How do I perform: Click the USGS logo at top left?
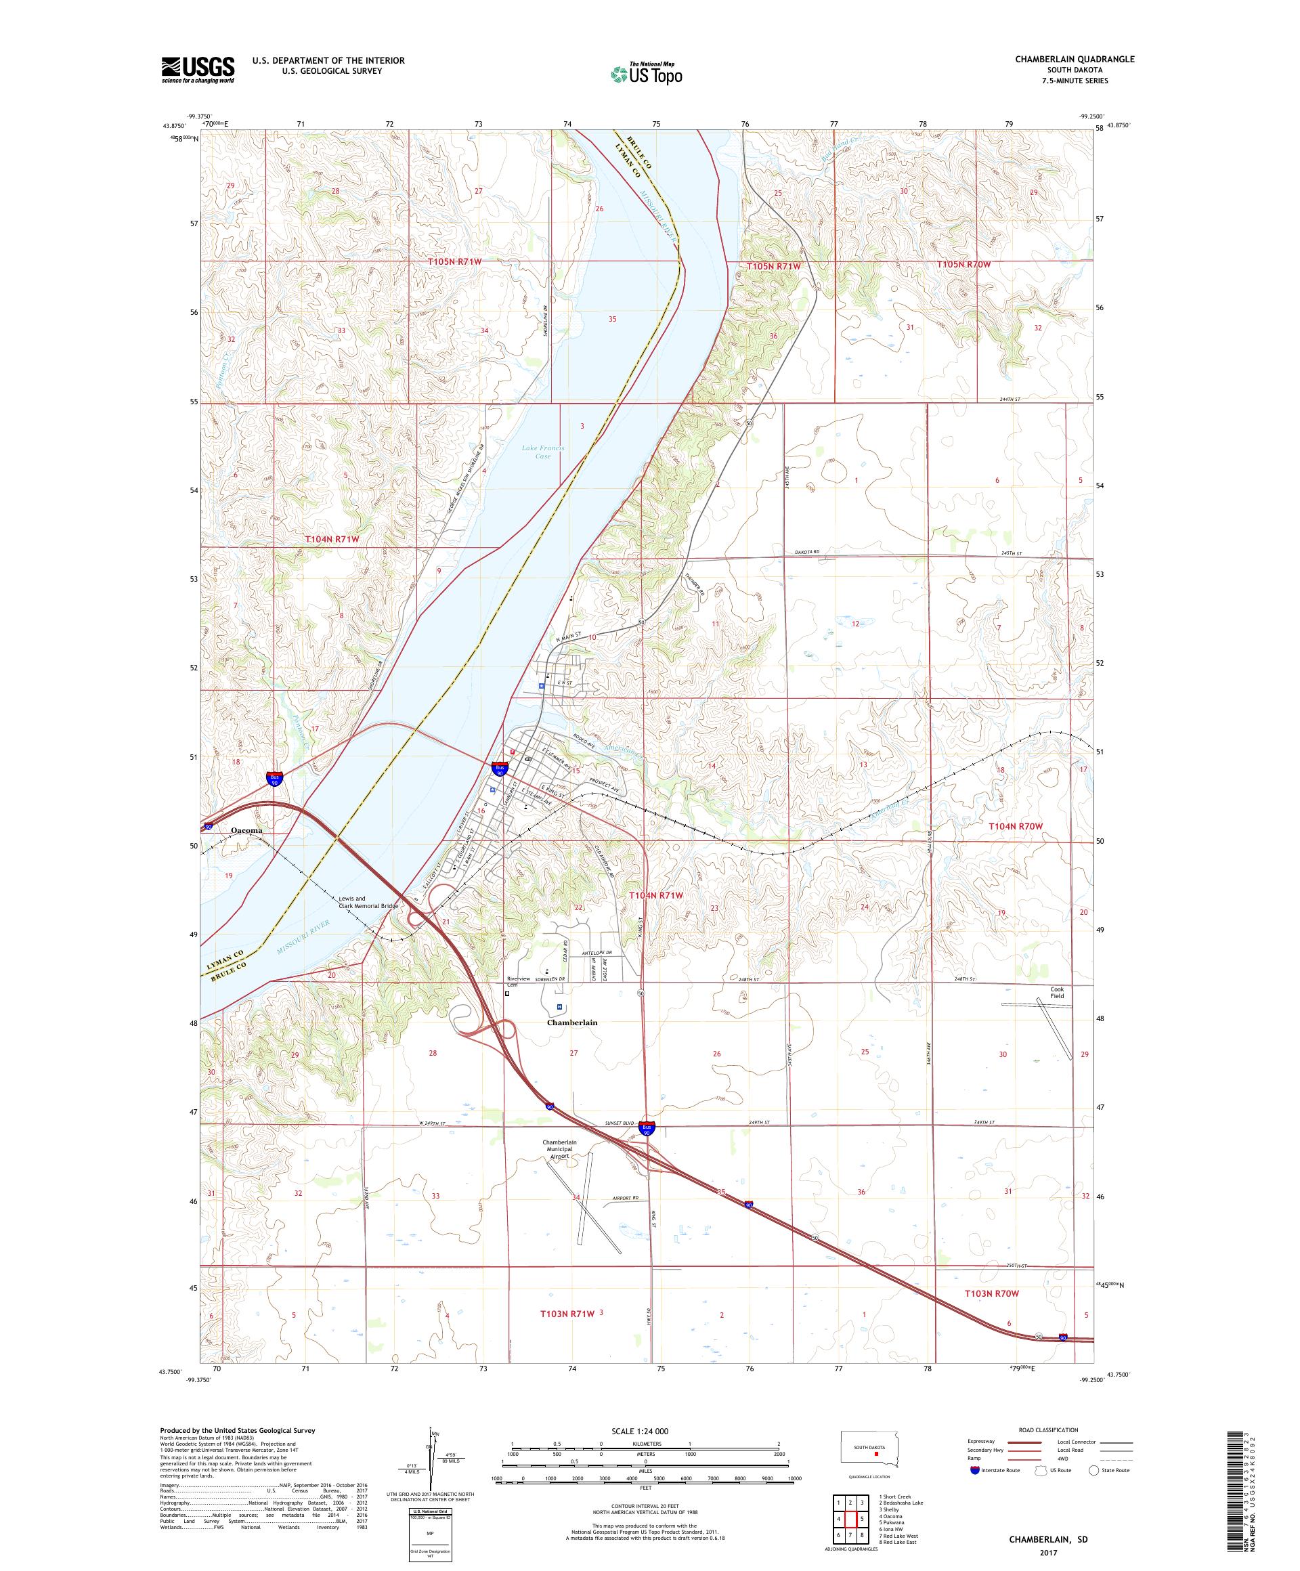tap(198, 70)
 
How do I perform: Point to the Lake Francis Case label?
tap(542, 452)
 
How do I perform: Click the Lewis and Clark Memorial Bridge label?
tap(368, 901)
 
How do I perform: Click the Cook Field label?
tap(1056, 993)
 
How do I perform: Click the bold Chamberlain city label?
tap(572, 1022)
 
